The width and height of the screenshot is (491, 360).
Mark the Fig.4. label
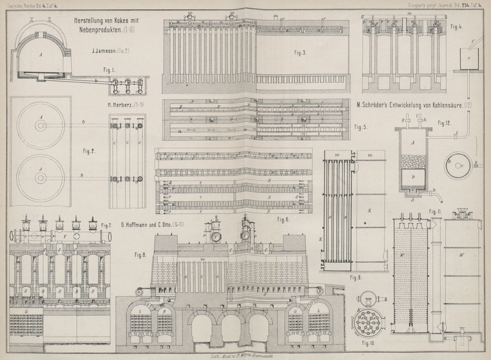(x=455, y=27)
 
